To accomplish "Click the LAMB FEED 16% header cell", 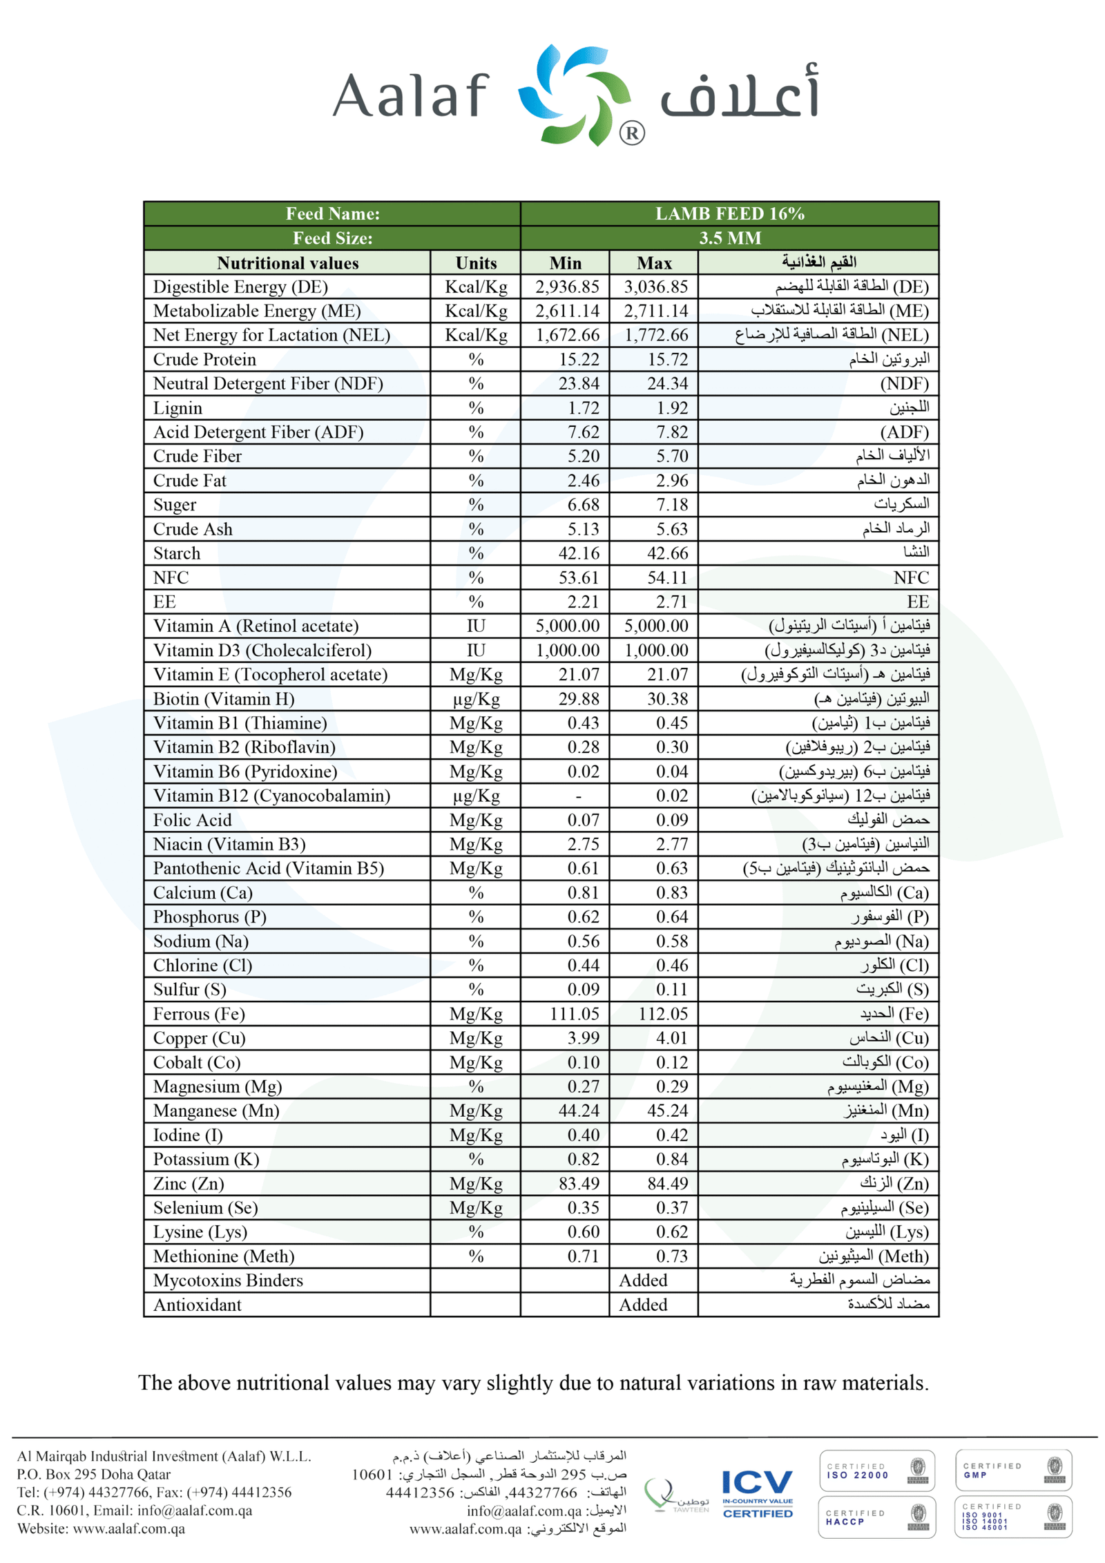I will [x=729, y=213].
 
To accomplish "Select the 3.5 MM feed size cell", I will [x=729, y=238].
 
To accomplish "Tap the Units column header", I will [x=475, y=262].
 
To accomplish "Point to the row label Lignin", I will [x=177, y=407].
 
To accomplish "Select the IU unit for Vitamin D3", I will [x=475, y=649].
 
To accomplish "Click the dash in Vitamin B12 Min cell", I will [x=578, y=796].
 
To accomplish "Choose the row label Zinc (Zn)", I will [x=189, y=1183].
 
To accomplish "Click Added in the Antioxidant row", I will [x=642, y=1304].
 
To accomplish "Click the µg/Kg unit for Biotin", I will [x=475, y=698].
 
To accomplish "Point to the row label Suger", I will [x=175, y=504].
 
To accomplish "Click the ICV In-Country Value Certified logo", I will [x=757, y=1494].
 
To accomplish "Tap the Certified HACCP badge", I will [x=875, y=1517].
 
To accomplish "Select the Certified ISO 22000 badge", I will [x=875, y=1471].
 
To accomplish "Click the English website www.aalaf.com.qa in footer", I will [x=128, y=1528].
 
